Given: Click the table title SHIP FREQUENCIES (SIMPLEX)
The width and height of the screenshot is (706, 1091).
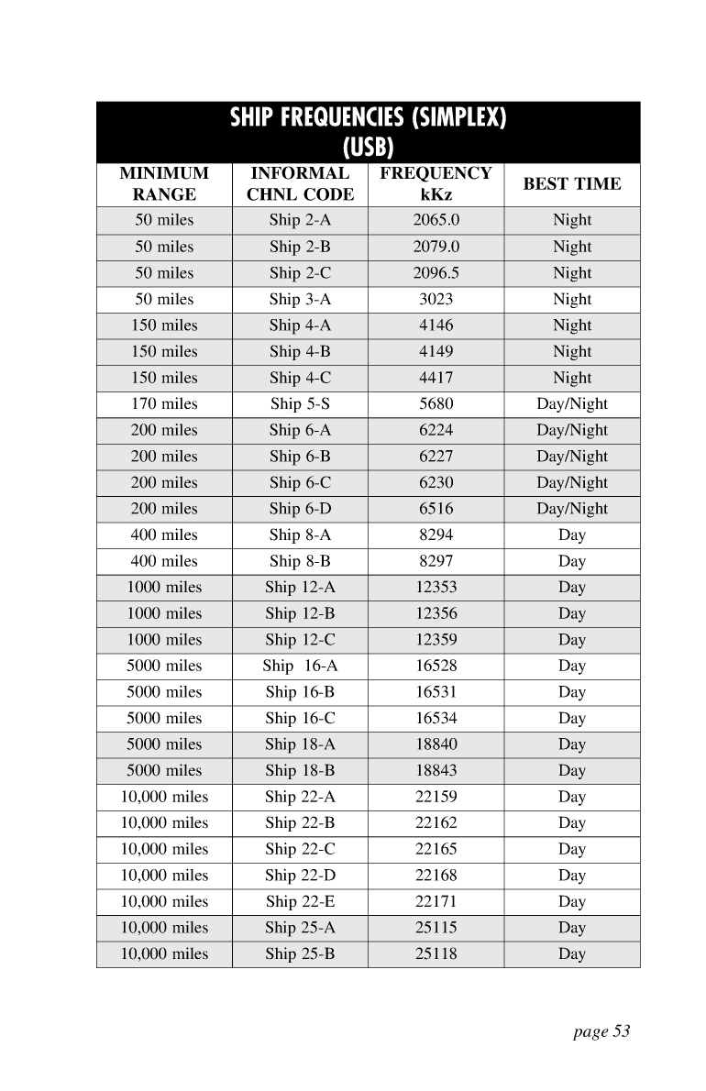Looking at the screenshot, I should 368,118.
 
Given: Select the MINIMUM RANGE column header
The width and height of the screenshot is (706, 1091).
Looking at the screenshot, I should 164,183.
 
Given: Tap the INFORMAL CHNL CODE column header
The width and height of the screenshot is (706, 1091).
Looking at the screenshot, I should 300,183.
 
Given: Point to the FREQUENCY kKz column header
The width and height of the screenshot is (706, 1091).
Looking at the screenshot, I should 436,183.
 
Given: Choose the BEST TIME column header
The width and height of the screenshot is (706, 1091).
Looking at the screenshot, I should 571,183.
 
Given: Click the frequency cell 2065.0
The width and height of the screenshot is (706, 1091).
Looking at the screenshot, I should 436,220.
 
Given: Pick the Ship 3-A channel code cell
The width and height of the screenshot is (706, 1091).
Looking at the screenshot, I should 300,299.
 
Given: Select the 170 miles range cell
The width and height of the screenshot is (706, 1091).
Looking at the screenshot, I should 164,403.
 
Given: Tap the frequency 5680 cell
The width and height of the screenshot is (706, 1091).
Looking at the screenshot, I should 436,403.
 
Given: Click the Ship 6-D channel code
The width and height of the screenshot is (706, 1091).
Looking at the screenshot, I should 300,509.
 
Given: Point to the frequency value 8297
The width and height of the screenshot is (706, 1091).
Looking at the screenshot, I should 436,561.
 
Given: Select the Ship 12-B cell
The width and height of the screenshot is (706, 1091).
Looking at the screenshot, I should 300,613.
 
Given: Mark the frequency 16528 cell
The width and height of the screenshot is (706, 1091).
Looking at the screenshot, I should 436,666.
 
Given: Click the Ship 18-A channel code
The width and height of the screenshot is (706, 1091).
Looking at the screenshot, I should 300,744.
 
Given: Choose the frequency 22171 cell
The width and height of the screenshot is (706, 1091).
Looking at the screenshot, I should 436,901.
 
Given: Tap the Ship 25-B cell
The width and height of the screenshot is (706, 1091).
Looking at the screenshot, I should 300,953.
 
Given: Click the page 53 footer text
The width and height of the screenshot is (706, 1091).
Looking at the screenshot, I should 601,1031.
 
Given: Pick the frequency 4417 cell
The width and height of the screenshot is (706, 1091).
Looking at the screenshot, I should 436,378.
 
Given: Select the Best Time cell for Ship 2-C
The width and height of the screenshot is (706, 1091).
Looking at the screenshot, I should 571,273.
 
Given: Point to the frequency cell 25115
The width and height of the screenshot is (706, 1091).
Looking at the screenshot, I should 436,928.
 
